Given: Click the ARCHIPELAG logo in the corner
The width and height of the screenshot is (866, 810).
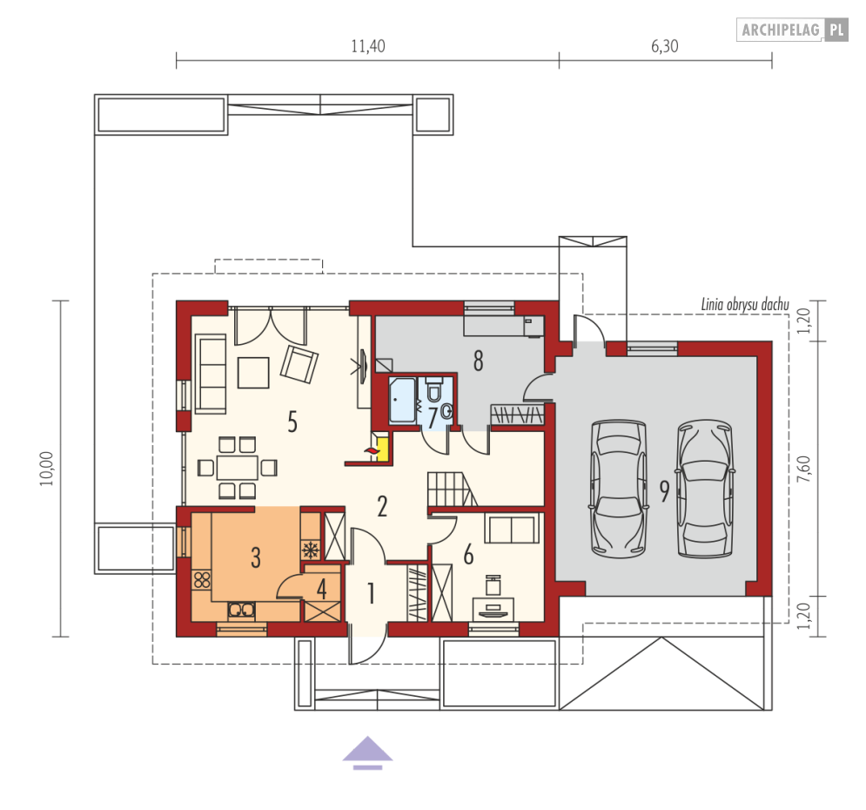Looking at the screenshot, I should (x=792, y=30).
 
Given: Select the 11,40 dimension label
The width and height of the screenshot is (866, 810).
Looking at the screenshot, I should (x=368, y=47).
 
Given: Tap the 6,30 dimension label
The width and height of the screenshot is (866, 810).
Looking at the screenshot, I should (x=664, y=47).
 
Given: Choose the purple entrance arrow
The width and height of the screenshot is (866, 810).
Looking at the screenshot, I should (x=367, y=752).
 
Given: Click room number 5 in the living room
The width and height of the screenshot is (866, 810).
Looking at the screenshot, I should (x=292, y=422).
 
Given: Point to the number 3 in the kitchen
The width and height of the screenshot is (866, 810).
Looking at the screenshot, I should (x=256, y=558).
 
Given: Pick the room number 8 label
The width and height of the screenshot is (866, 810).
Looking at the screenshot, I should (x=478, y=361).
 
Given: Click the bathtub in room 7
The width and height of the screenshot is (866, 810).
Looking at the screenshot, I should (x=402, y=400).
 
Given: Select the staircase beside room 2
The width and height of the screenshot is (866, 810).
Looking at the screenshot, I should (x=450, y=489).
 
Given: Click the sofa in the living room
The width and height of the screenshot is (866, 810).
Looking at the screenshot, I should (x=210, y=374).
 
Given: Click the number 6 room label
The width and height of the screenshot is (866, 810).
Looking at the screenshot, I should (x=468, y=554).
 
